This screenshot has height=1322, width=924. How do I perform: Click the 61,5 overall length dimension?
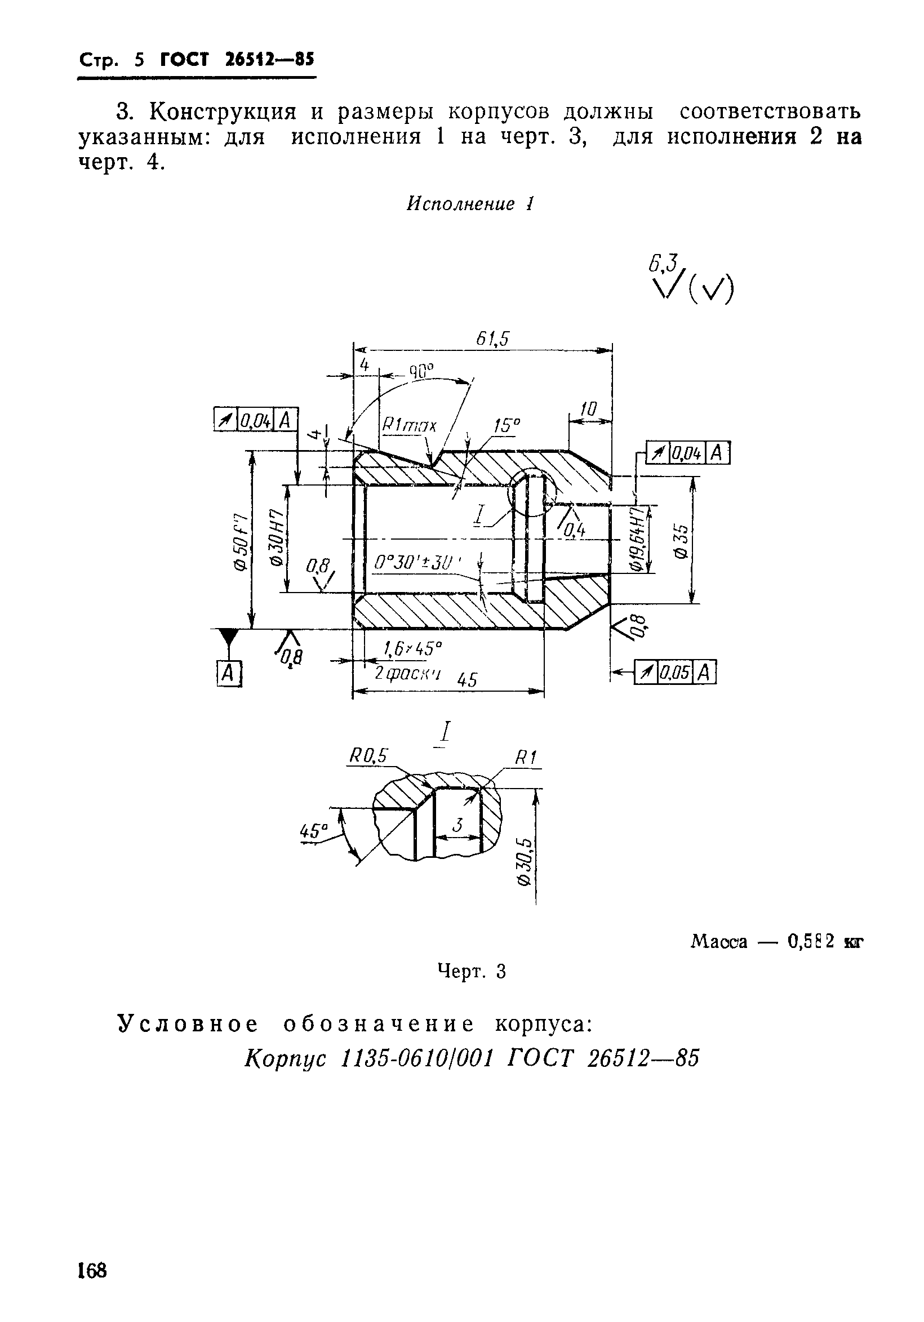coord(493,339)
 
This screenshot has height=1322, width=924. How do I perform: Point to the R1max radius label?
coord(409,426)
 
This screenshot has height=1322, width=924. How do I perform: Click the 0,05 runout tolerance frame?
coord(674,672)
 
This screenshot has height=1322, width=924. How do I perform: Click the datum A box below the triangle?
coord(229,673)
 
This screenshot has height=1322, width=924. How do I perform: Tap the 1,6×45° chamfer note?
coord(412,649)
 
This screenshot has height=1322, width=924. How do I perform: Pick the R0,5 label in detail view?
coord(368,756)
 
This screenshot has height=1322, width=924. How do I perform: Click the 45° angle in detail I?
coord(313,831)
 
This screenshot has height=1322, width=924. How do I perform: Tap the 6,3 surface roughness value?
coord(663,262)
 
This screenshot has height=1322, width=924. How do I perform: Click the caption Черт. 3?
coord(471,971)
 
